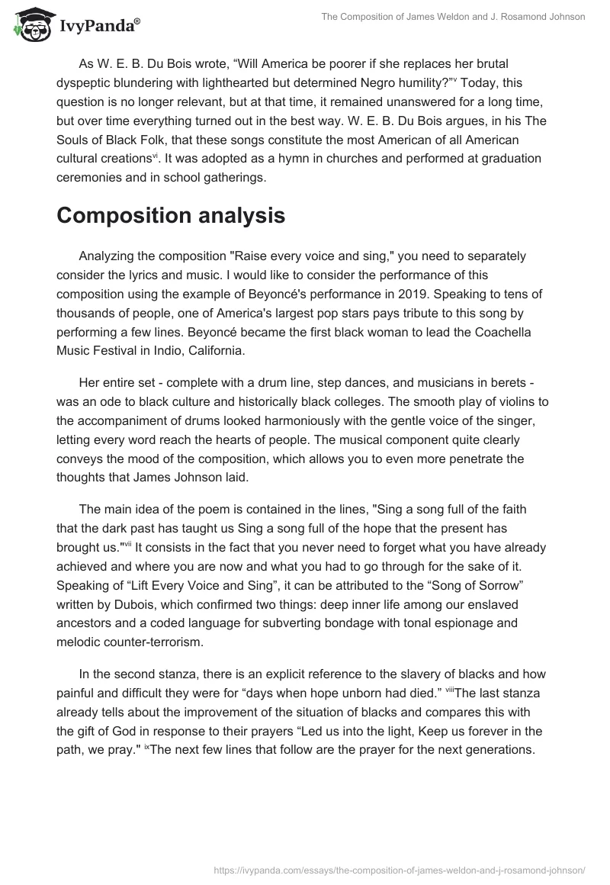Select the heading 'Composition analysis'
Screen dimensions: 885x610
pyautogui.click(x=171, y=216)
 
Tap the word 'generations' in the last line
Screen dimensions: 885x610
pyautogui.click(x=499, y=749)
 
